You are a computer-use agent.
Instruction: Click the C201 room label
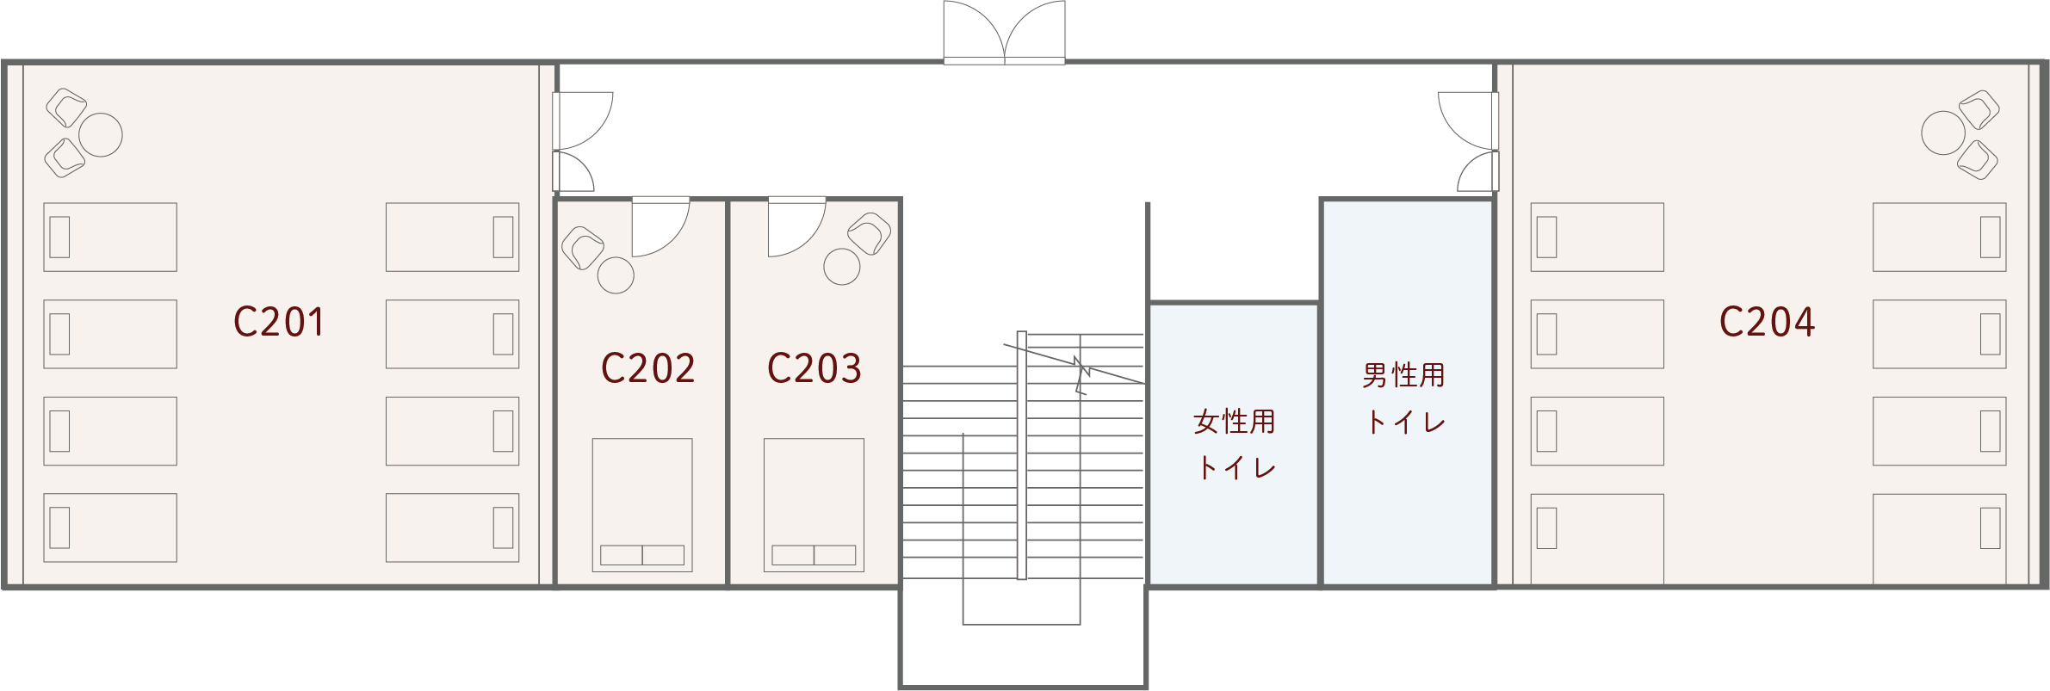[x=279, y=322]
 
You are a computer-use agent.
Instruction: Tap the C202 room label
[x=647, y=368]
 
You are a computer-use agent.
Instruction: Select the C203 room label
[x=814, y=368]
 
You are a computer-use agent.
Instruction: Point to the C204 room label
[x=1767, y=322]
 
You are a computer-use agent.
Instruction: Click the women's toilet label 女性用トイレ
[x=1235, y=444]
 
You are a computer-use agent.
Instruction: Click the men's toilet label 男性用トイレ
[x=1403, y=398]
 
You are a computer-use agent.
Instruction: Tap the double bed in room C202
[x=642, y=505]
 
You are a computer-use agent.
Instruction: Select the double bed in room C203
[x=814, y=505]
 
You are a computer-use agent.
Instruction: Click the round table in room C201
[x=101, y=135]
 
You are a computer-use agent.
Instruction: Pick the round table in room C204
[x=1943, y=133]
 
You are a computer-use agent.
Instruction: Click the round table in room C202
[x=616, y=275]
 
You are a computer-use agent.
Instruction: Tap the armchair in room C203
[x=870, y=233]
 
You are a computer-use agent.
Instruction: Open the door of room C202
[x=660, y=226]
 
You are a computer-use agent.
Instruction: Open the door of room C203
[x=797, y=226]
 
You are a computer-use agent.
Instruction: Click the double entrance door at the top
[x=1004, y=33]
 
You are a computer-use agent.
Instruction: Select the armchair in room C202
[x=583, y=248]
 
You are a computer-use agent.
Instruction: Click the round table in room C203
[x=842, y=267]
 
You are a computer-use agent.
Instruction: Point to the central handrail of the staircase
[x=1022, y=455]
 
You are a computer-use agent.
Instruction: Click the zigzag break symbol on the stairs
[x=1081, y=375]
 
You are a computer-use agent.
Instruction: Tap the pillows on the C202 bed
[x=642, y=555]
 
